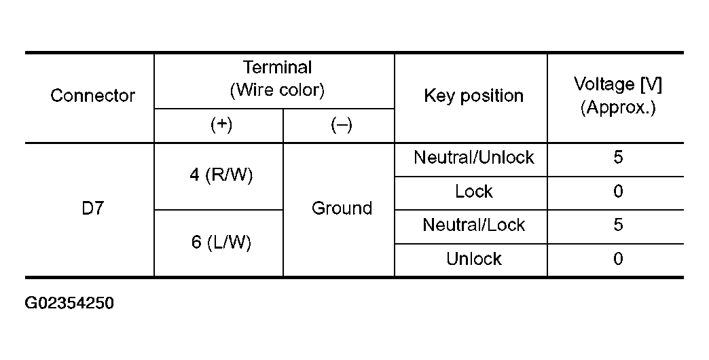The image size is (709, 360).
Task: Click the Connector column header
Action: (92, 96)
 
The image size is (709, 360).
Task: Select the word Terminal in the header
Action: (278, 67)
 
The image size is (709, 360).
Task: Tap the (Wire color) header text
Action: (277, 90)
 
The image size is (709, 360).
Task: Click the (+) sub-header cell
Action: (221, 125)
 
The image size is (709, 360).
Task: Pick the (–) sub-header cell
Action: (342, 125)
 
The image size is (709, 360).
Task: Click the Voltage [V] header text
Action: (618, 85)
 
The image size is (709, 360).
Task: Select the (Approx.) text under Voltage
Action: (618, 107)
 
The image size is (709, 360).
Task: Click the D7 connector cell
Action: (92, 208)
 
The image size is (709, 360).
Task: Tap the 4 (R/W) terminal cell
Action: (221, 175)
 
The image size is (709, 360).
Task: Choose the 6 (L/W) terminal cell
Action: (221, 242)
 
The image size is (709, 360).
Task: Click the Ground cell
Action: (342, 208)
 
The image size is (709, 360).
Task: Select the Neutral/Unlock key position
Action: (474, 158)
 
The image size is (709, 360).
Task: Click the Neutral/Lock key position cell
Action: (474, 225)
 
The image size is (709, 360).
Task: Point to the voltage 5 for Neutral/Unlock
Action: (618, 158)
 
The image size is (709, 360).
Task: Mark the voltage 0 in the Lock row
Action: (618, 192)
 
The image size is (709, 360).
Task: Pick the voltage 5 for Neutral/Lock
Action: (618, 225)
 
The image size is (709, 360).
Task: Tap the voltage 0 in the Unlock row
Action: (618, 259)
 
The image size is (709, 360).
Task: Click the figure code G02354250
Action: (69, 303)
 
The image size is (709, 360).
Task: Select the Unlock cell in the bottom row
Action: (474, 259)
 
